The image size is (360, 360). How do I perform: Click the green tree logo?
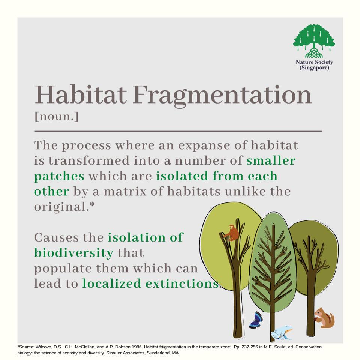point(314,41)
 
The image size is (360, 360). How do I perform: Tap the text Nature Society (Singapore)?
point(314,65)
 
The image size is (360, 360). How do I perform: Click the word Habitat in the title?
point(81,95)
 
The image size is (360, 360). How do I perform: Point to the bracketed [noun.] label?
point(57,116)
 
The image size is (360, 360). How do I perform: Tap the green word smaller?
point(271,160)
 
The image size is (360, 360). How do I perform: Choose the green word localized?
point(112,283)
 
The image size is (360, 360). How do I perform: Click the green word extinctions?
point(182,283)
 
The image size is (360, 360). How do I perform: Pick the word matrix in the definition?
point(125,192)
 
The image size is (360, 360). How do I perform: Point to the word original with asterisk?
point(64,207)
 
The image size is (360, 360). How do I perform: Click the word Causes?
point(57,237)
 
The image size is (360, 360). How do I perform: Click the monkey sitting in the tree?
point(232,233)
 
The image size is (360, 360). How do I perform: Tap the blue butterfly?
point(256,320)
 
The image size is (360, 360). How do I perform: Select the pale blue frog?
point(282,332)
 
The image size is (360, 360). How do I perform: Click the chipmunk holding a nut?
point(324,318)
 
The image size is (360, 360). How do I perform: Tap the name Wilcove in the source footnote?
point(43,347)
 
